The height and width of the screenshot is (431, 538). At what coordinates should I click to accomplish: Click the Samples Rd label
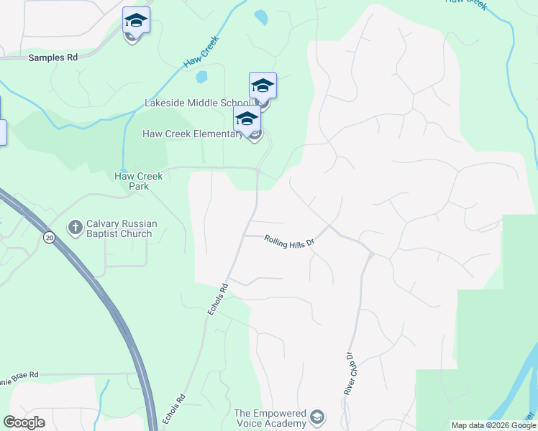coord(53,57)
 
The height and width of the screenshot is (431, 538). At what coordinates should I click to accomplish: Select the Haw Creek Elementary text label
coord(193,134)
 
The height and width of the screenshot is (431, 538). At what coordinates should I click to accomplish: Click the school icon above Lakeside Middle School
coord(263,85)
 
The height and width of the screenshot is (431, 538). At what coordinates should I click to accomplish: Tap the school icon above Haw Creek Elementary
coord(247,119)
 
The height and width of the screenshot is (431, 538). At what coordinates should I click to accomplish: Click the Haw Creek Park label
coord(139,181)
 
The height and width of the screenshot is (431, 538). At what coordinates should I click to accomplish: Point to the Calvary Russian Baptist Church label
coord(119,228)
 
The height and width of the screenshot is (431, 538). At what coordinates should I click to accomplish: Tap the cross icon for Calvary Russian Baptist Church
coord(75,228)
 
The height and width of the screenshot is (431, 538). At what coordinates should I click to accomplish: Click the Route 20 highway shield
coord(49,238)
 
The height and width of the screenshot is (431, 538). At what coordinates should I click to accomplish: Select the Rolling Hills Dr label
coord(290,241)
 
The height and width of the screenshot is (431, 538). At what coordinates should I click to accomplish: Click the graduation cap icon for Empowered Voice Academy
coord(316,417)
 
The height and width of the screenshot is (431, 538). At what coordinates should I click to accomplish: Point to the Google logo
coord(24,422)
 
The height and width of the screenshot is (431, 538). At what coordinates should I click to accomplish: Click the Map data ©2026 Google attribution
coord(493,425)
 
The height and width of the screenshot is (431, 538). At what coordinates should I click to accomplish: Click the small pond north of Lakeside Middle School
coord(260,16)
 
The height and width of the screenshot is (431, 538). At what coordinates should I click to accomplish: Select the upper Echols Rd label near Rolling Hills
coord(218,299)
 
